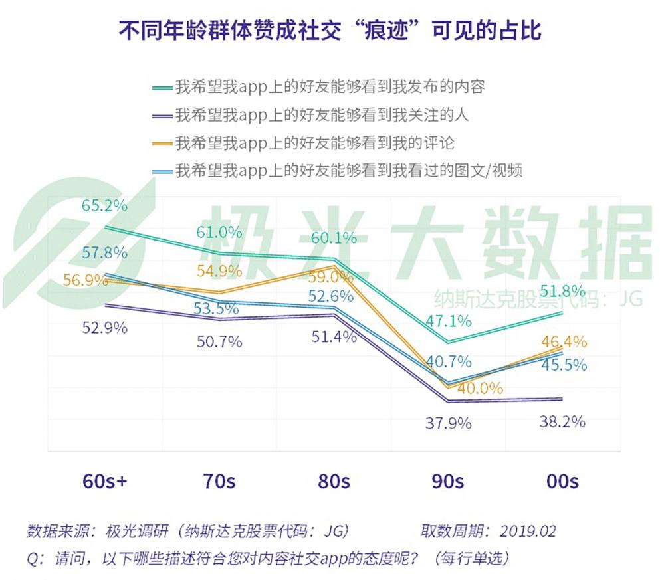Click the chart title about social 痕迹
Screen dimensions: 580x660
coord(330,31)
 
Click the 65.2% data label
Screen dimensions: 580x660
coord(104,205)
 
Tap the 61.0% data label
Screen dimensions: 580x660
coord(218,233)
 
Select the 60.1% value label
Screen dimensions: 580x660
coord(334,238)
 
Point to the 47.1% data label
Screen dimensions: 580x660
coord(449,321)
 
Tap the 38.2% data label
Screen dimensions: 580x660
coord(562,421)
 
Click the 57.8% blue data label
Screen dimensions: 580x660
coord(104,253)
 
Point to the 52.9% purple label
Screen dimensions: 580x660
coord(104,328)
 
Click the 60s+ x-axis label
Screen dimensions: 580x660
coord(104,481)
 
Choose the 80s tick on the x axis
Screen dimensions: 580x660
coord(333,481)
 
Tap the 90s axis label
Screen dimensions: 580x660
coord(447,481)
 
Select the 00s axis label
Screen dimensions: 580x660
coord(562,481)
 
